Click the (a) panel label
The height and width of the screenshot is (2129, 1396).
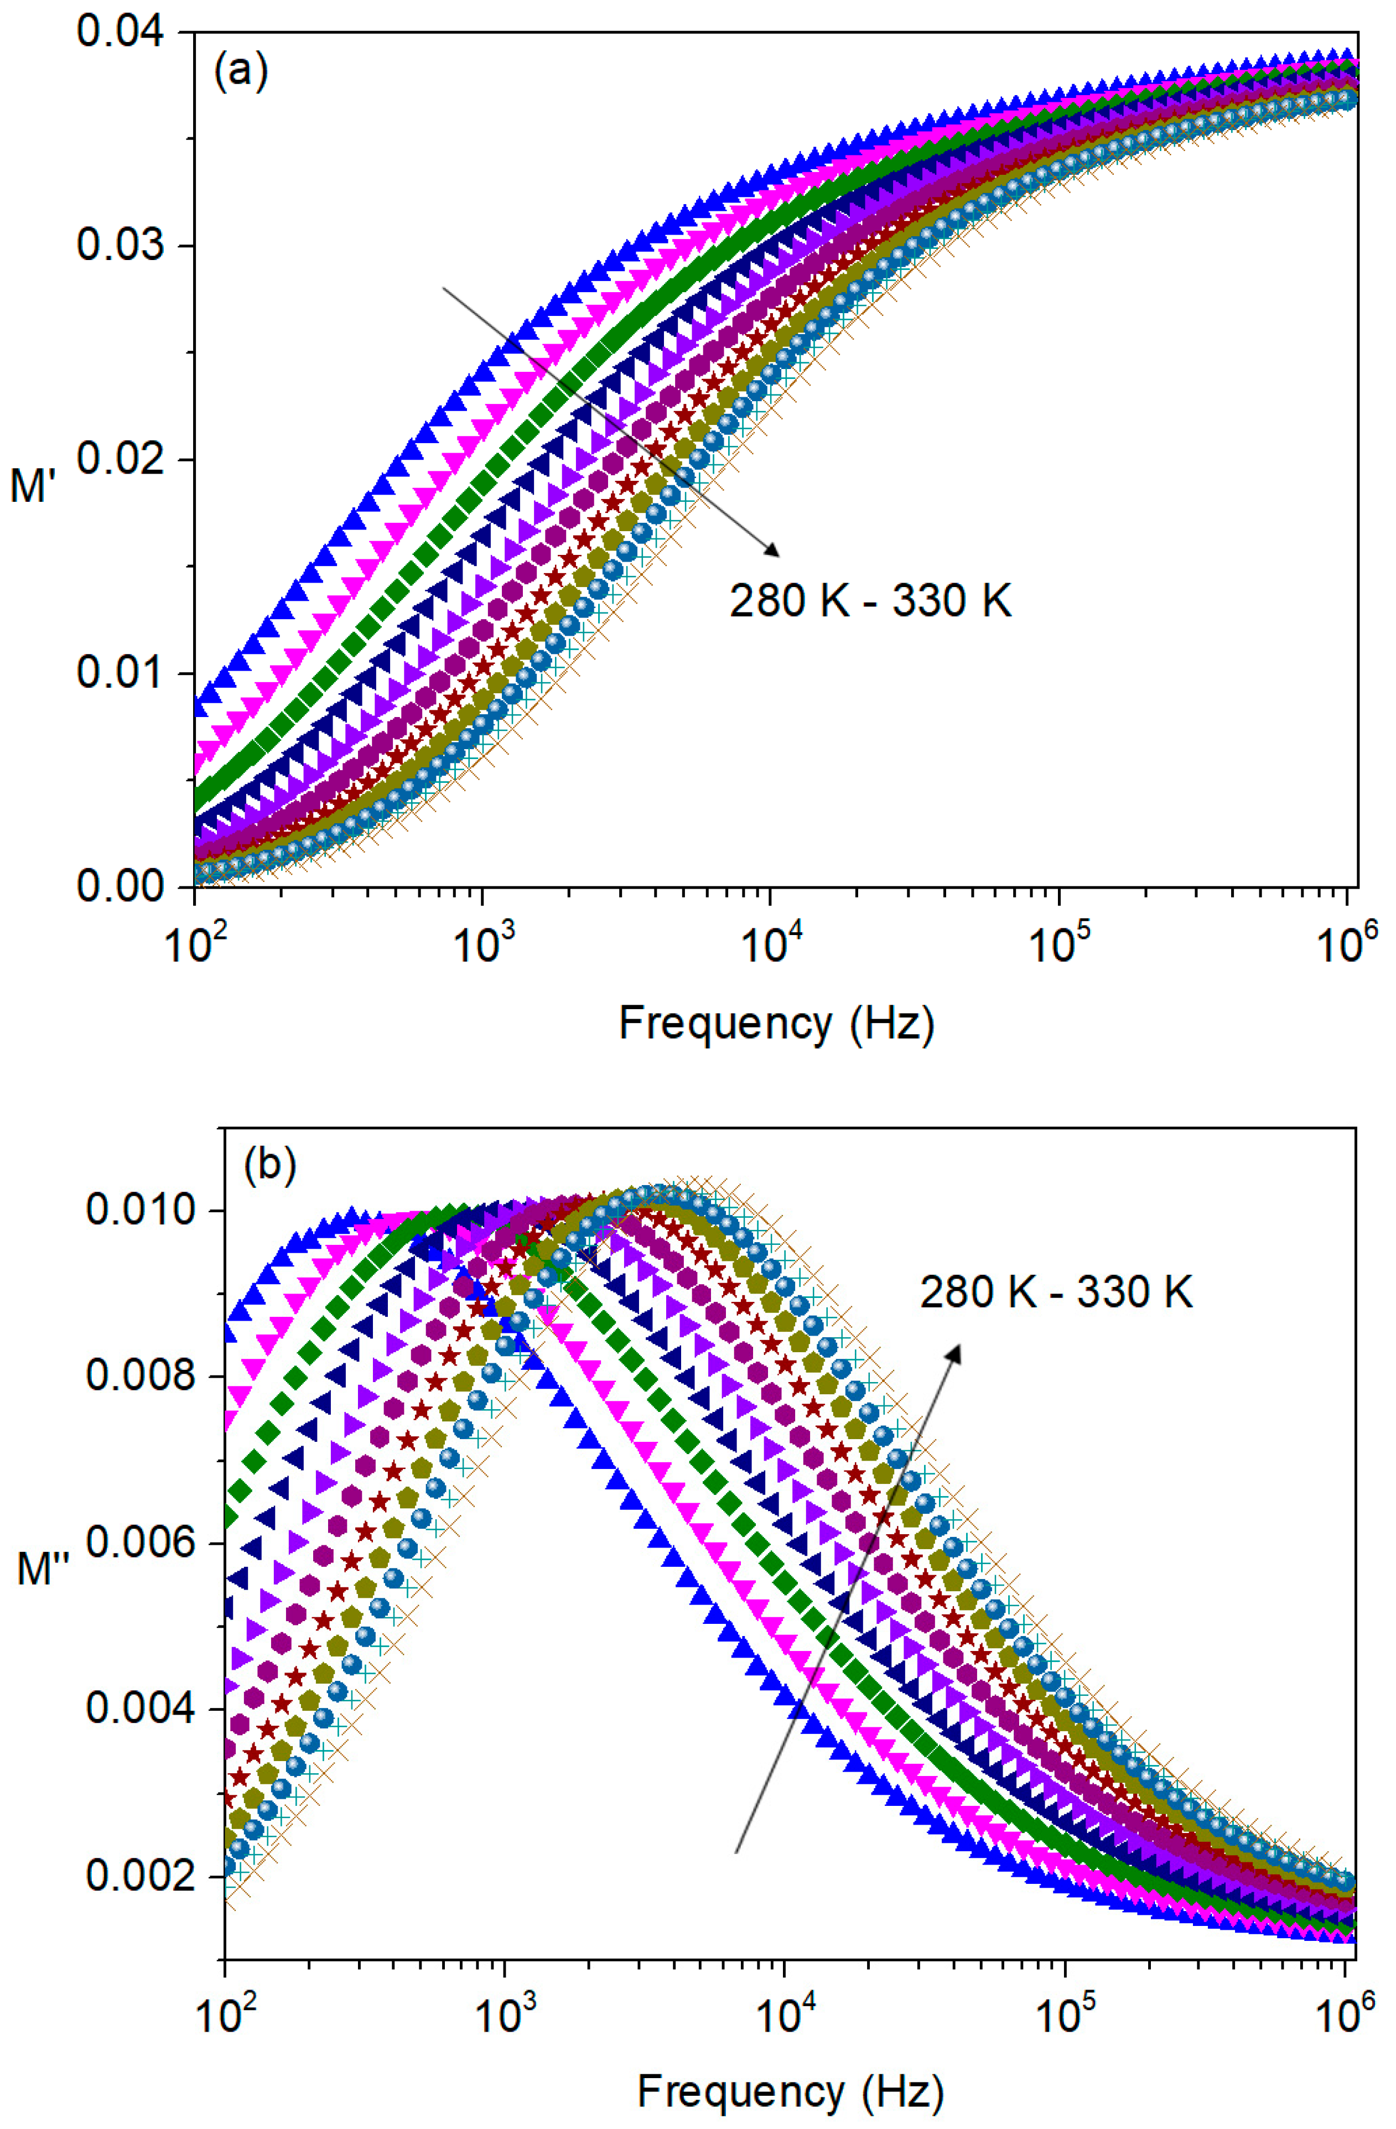240,71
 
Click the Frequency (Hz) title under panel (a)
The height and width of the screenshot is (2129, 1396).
776,1022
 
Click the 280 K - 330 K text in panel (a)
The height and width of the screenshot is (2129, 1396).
870,601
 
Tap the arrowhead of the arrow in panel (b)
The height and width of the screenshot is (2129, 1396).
956,1353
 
